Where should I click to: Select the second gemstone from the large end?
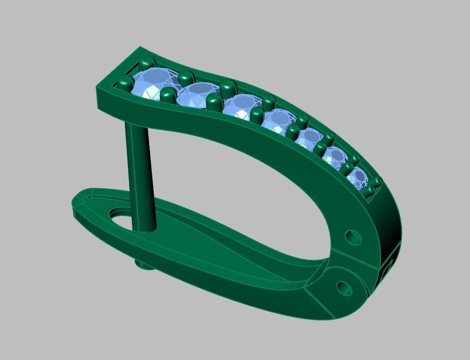click(197, 95)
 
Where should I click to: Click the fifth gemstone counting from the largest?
click(309, 138)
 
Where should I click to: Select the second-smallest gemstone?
click(335, 158)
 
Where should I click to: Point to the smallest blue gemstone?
click(357, 178)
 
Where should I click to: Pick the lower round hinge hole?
click(344, 288)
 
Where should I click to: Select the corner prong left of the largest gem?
click(125, 83)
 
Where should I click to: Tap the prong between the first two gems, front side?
click(168, 96)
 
